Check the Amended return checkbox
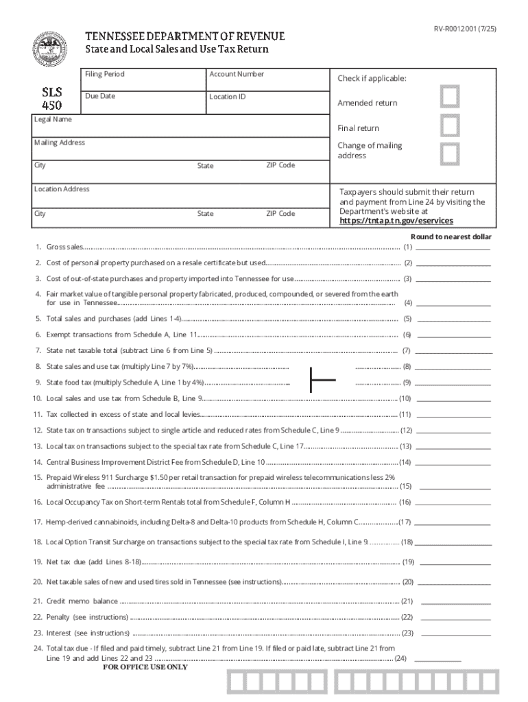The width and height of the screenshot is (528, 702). (450, 98)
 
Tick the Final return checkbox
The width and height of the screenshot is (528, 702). (450, 126)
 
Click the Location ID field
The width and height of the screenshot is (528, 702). (267, 102)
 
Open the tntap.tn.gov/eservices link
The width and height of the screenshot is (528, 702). (396, 221)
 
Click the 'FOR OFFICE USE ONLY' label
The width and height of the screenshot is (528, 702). (145, 666)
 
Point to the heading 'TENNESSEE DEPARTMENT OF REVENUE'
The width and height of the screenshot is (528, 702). (184, 36)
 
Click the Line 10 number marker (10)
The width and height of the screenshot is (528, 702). (405, 398)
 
